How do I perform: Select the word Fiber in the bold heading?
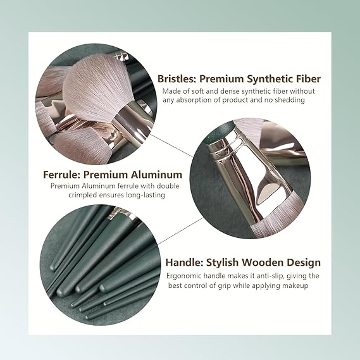tap(309, 78)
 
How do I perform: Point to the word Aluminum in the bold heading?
tap(156, 175)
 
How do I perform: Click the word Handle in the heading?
tap(184, 262)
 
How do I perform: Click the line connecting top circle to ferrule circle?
tap(171, 146)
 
